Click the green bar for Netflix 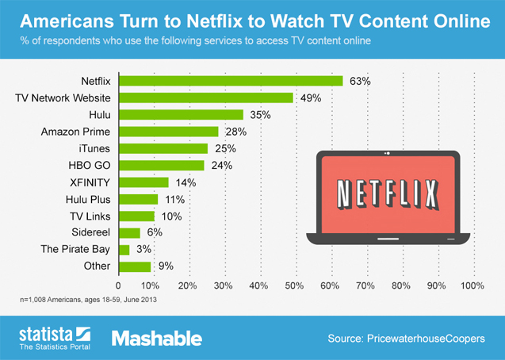pyautogui.click(x=230, y=81)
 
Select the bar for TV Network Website pyautogui.click(x=205, y=98)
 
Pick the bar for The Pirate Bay pyautogui.click(x=124, y=250)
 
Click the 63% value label pyautogui.click(x=360, y=81)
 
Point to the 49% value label pyautogui.click(x=310, y=98)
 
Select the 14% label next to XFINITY pyautogui.click(x=186, y=182)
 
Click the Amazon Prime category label pyautogui.click(x=75, y=131)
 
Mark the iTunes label pyautogui.click(x=94, y=148)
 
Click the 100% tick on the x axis pyautogui.click(x=472, y=285)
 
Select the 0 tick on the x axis pyautogui.click(x=119, y=285)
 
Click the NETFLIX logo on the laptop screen pyautogui.click(x=388, y=193)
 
